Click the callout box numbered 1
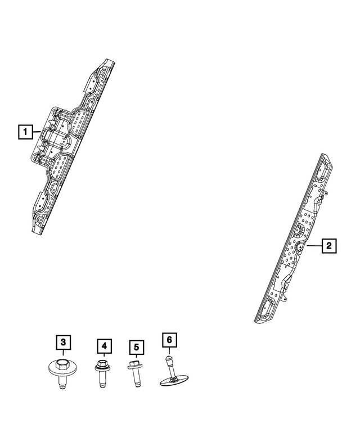point(24,132)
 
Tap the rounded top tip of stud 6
point(168,357)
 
